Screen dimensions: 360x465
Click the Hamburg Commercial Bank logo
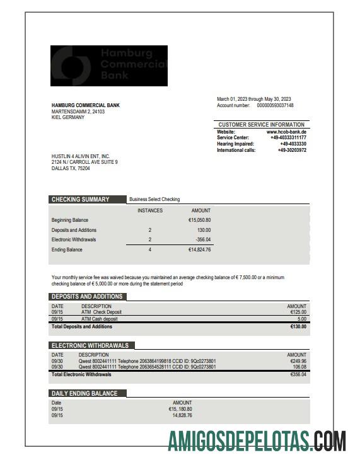click(109, 66)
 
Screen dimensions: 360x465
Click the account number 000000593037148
click(271, 106)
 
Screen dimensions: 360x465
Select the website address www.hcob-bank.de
click(286, 132)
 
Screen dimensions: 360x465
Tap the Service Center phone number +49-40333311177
click(288, 137)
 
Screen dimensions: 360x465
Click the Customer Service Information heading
click(262, 125)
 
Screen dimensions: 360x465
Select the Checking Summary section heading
click(80, 200)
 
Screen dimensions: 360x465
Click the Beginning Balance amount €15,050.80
click(199, 221)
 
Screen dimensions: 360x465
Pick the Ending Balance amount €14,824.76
click(199, 250)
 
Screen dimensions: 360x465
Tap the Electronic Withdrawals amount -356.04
click(202, 240)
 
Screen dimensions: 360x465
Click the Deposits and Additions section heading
click(87, 297)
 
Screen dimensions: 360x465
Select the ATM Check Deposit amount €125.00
click(298, 312)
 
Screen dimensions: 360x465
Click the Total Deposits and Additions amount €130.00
click(298, 327)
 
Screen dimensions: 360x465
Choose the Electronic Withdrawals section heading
click(90, 346)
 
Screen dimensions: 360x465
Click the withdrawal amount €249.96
click(298, 361)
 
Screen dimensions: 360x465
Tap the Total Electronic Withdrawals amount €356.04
click(298, 374)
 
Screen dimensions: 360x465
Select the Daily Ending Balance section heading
click(84, 394)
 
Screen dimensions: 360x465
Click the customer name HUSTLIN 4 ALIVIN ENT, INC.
click(81, 156)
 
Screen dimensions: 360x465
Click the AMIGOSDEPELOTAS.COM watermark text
click(257, 441)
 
